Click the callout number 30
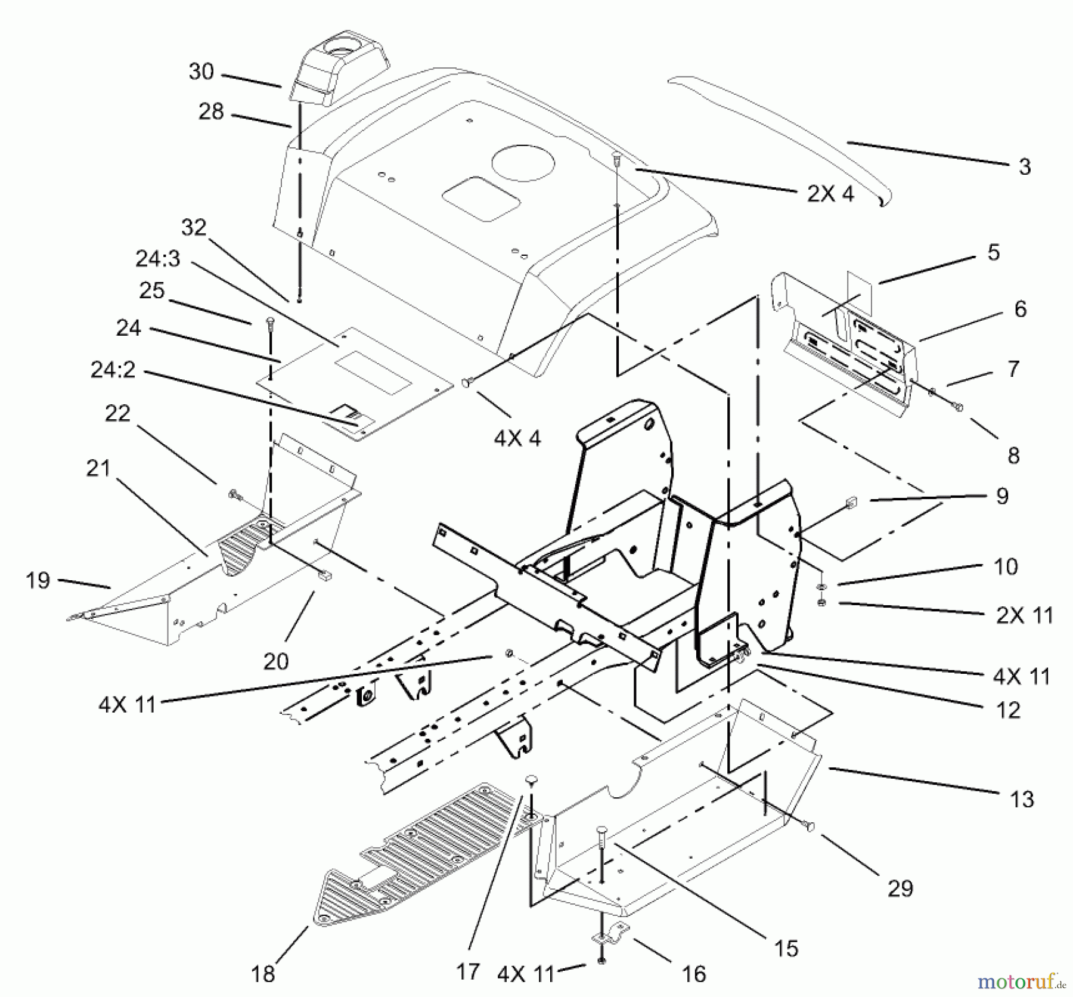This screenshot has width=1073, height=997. pyautogui.click(x=201, y=72)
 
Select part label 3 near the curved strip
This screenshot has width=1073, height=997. pyautogui.click(x=1024, y=167)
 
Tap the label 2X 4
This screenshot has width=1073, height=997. pyautogui.click(x=830, y=193)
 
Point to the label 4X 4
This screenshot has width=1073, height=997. pyautogui.click(x=517, y=439)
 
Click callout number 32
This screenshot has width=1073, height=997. pyautogui.click(x=193, y=227)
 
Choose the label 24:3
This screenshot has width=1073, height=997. pyautogui.click(x=157, y=259)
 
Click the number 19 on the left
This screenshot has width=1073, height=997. pyautogui.click(x=38, y=580)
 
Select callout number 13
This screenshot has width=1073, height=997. pyautogui.click(x=1022, y=799)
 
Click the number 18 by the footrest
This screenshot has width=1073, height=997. pyautogui.click(x=263, y=974)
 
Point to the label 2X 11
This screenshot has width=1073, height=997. pyautogui.click(x=1024, y=615)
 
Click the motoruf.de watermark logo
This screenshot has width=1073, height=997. pyautogui.click(x=1024, y=979)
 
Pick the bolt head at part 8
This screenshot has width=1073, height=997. pyautogui.click(x=959, y=407)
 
